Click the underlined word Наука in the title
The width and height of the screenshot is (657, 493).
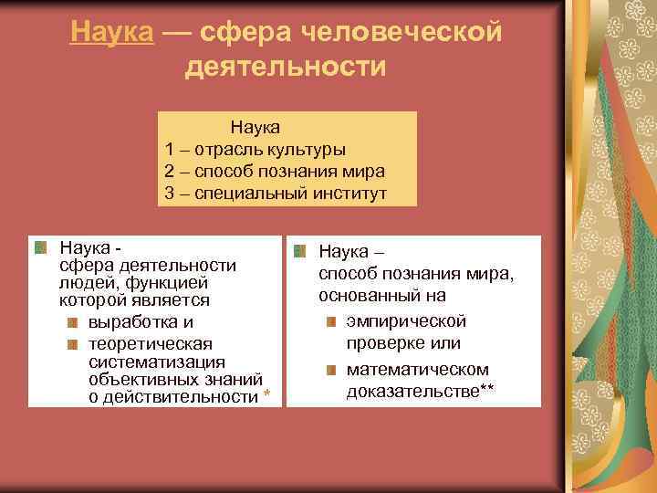113,33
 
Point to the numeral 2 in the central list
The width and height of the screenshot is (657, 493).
170,171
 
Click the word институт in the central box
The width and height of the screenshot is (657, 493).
352,193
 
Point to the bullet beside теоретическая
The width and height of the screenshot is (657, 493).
73,343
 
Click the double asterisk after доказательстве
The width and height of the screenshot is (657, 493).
487,390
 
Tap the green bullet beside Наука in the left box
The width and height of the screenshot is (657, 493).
41,246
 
